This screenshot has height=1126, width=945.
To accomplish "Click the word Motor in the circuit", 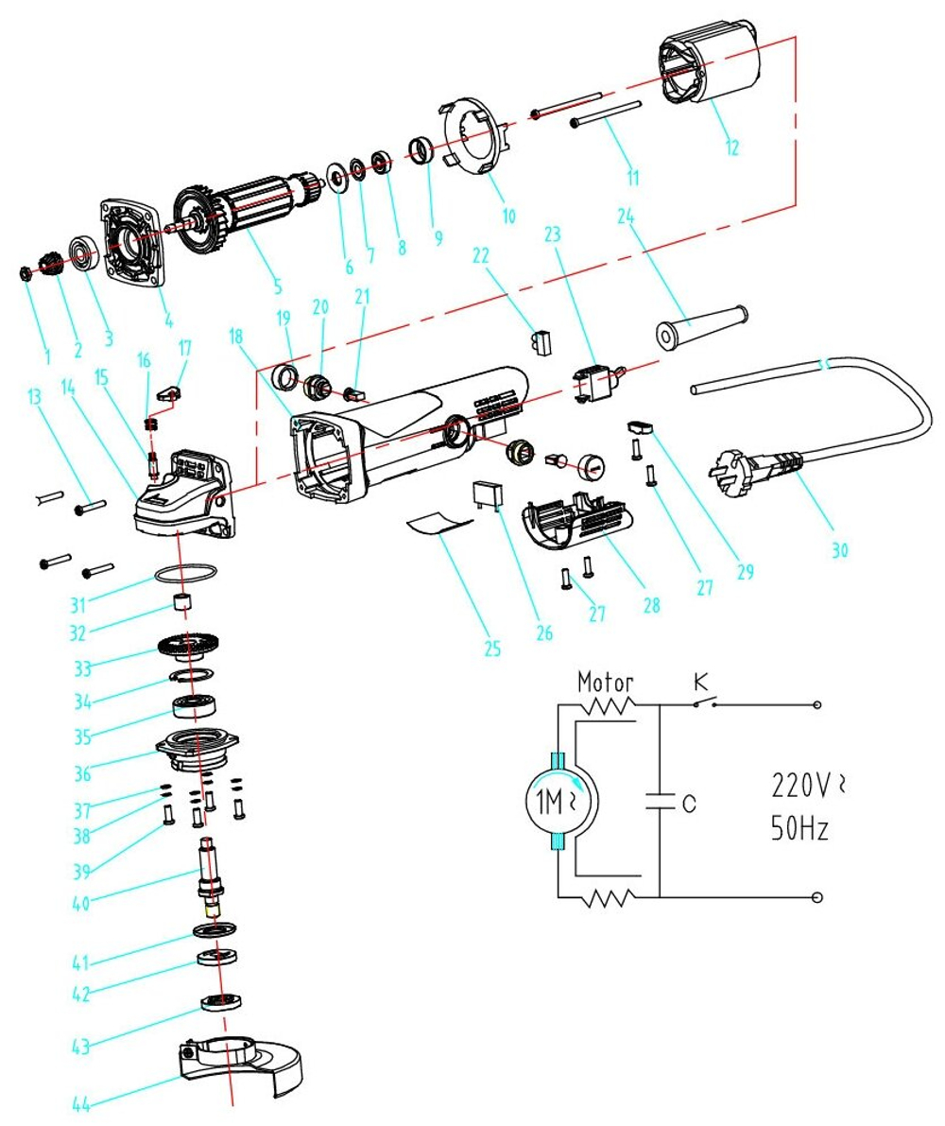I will (605, 681).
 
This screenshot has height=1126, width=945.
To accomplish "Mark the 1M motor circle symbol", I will (557, 803).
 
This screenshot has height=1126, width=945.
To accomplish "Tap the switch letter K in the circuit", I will (700, 680).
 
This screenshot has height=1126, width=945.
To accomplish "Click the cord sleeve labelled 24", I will (700, 326).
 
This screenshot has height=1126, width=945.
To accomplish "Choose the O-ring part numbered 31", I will (185, 574).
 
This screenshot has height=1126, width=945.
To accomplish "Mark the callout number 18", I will (235, 337).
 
